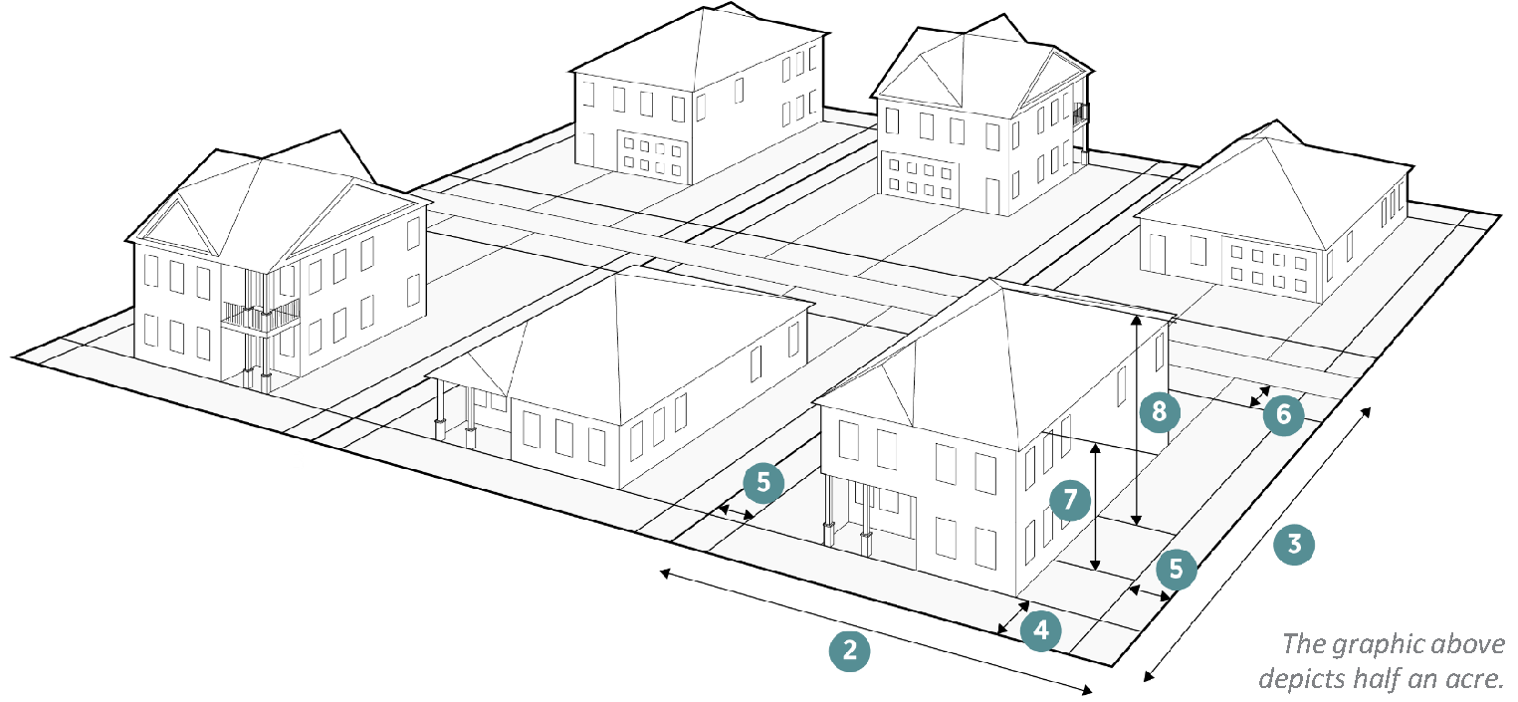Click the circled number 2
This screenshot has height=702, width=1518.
point(849,651)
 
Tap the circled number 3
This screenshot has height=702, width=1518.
point(1294,546)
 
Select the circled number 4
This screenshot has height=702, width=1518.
point(1040,630)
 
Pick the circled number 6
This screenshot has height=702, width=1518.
point(1283,415)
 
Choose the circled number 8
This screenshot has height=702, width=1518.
point(1158,411)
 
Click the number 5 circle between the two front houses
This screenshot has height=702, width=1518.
point(763,483)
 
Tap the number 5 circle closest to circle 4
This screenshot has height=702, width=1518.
point(1177,570)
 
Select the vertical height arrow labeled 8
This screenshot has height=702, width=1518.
point(1136,418)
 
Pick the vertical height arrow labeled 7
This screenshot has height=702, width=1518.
point(1095,508)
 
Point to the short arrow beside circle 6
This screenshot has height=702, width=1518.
point(1259,395)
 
